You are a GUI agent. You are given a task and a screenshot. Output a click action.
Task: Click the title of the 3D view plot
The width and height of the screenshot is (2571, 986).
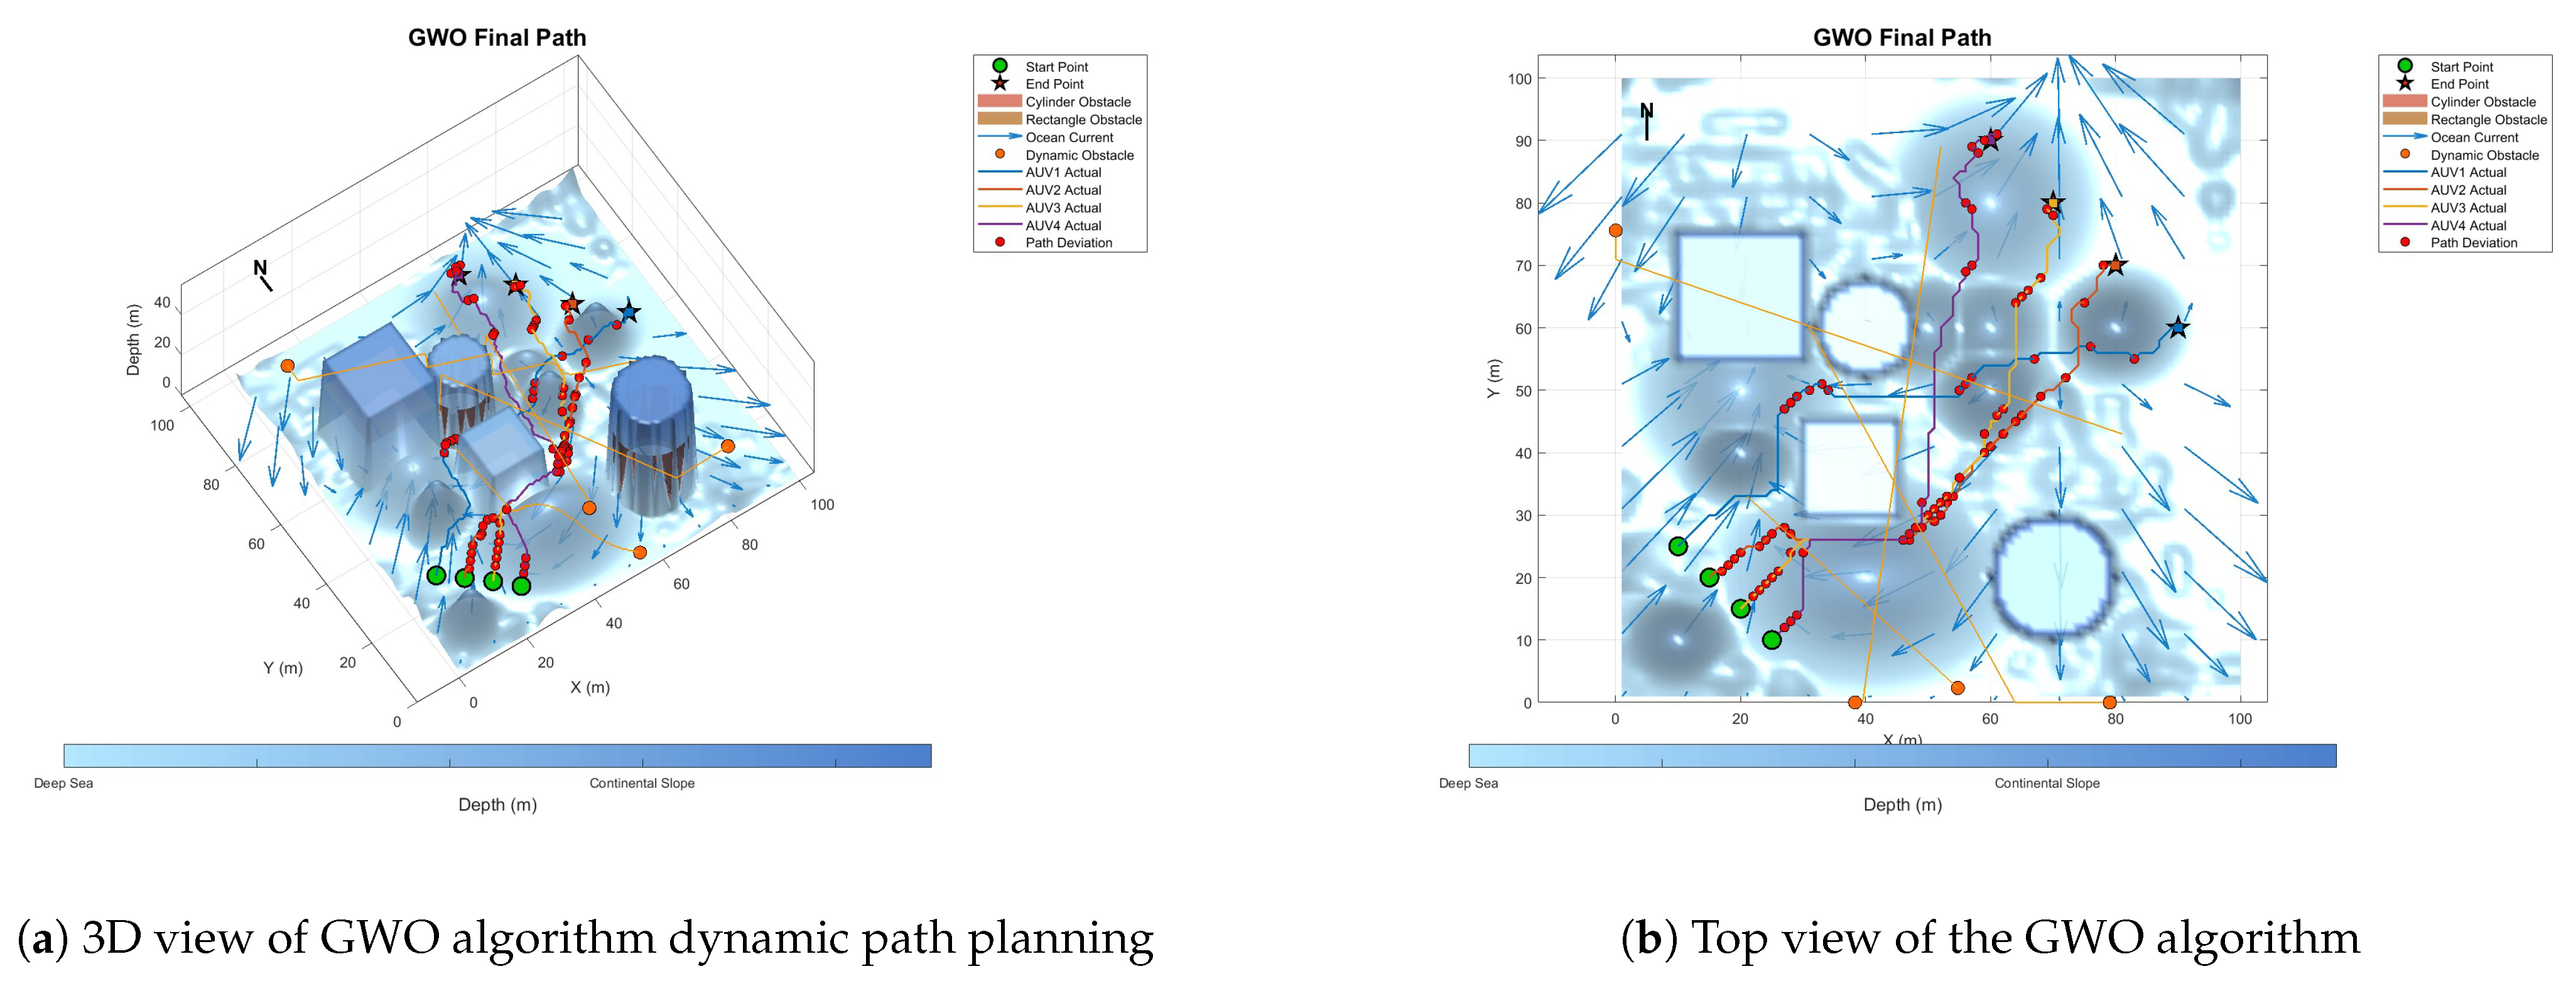click(x=497, y=38)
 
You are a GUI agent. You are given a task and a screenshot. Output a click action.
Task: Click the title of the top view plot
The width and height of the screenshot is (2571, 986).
click(x=1902, y=38)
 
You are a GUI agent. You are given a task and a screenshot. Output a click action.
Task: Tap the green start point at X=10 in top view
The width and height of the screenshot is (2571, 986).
click(x=1678, y=546)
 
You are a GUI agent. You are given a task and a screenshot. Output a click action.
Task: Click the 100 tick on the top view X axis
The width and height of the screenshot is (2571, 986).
click(x=2239, y=719)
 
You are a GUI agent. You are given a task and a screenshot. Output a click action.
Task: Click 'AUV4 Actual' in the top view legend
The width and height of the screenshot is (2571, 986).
click(x=2467, y=225)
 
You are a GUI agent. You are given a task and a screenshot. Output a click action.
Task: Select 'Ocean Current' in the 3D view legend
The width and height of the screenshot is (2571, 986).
click(x=1069, y=137)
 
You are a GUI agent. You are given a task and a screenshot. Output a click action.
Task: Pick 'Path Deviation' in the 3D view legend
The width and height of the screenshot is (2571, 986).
click(x=1068, y=242)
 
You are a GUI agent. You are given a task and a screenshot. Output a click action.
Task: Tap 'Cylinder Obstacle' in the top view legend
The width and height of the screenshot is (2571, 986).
click(x=2482, y=102)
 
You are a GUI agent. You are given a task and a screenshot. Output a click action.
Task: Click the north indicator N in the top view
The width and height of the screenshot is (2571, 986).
click(x=1646, y=110)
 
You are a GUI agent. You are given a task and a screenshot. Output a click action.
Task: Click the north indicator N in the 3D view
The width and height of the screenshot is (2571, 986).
click(x=259, y=267)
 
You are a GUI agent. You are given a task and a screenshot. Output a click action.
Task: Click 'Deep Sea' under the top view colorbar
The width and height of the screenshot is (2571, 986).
click(x=1468, y=783)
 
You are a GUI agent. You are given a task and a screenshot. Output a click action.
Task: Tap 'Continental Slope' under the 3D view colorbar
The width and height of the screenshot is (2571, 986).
click(x=642, y=783)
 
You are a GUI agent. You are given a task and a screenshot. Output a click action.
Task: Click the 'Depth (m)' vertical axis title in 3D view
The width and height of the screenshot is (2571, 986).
click(x=133, y=340)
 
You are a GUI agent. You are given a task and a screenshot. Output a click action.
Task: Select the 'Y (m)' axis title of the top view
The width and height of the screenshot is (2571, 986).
click(x=1493, y=379)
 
